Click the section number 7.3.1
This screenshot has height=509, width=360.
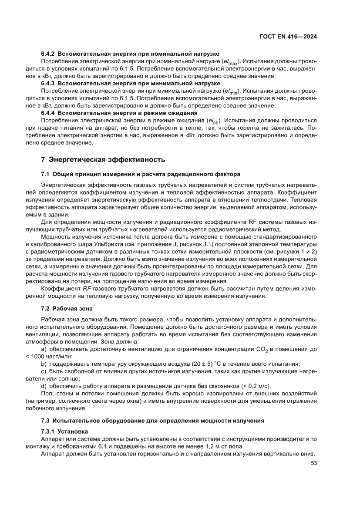[49, 431]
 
